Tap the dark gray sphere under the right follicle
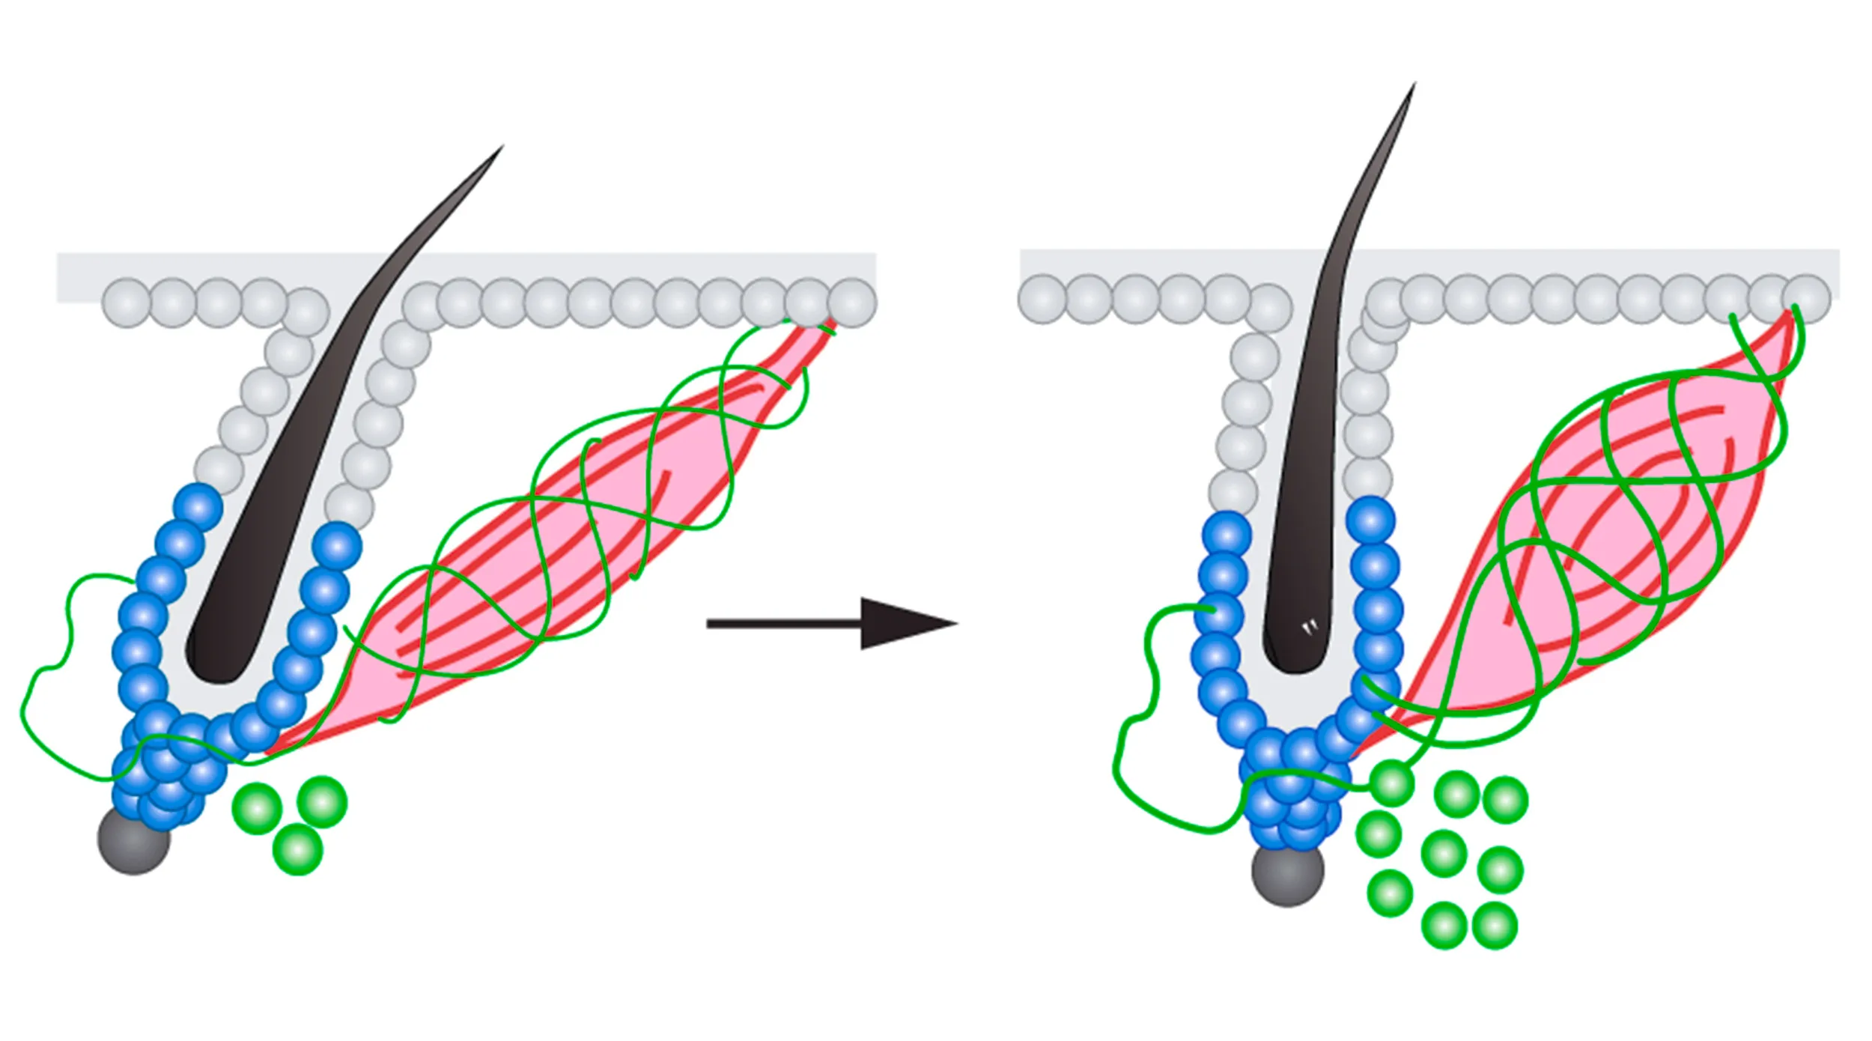[x=1287, y=871]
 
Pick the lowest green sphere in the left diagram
[x=297, y=849]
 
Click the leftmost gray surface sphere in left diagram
[x=127, y=303]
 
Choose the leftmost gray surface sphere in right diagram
[x=1042, y=299]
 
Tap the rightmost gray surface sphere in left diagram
[x=852, y=303]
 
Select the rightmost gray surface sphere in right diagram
[x=1806, y=299]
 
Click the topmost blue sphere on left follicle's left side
[x=198, y=507]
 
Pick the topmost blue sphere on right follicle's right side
[x=1371, y=520]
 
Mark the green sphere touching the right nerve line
[x=1391, y=783]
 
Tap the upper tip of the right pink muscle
[x=1790, y=315]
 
